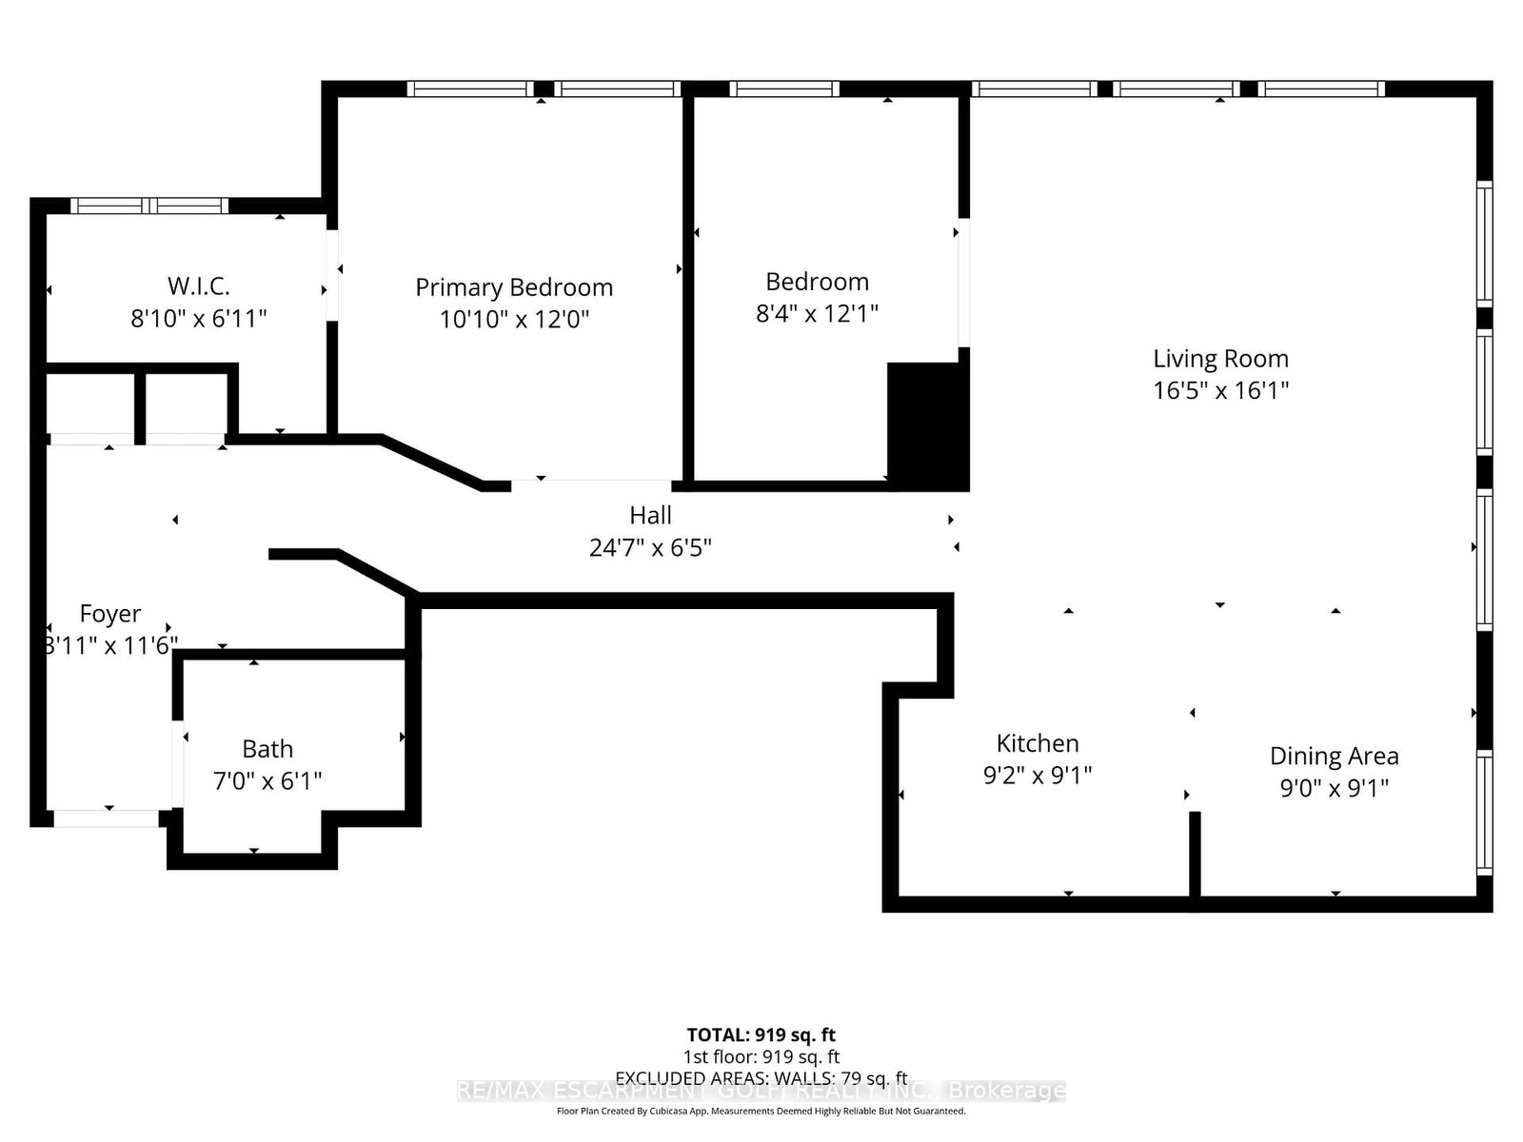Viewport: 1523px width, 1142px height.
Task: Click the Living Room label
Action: [1220, 359]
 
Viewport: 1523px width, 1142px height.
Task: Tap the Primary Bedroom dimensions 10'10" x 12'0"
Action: [514, 319]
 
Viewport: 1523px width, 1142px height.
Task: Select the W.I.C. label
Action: [198, 285]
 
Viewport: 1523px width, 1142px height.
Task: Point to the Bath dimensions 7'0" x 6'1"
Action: [267, 781]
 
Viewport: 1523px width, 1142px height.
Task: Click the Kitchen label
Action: [1037, 743]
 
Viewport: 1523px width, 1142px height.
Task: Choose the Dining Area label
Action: [1334, 757]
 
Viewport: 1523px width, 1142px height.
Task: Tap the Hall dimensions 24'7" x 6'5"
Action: [650, 548]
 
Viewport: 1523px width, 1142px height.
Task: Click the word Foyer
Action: [110, 614]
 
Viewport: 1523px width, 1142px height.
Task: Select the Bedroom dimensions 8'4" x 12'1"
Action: [817, 313]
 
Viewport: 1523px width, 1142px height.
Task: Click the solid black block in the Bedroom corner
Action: [927, 424]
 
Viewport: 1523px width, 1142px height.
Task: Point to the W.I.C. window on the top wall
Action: [149, 205]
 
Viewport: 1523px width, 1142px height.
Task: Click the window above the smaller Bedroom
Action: [784, 89]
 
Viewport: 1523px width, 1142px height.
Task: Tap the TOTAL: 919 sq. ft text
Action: [761, 1034]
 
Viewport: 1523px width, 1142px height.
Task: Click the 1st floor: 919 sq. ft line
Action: [761, 1056]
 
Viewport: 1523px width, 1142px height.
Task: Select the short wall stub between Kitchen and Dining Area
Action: [1195, 854]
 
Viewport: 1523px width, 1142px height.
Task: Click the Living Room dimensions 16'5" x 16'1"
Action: [1220, 390]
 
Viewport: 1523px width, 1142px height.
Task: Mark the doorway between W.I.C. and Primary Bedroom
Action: [332, 275]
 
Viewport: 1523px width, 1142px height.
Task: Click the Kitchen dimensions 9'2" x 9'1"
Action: [1037, 776]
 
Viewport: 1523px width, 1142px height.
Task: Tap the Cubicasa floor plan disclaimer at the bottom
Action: [761, 1111]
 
